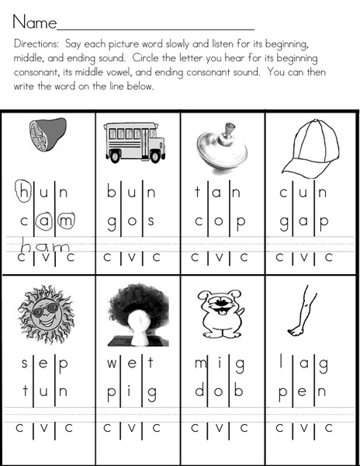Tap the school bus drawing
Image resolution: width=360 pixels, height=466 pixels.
click(x=135, y=141)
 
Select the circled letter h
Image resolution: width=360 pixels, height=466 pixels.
click(x=25, y=189)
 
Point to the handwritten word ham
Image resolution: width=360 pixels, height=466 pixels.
click(x=47, y=246)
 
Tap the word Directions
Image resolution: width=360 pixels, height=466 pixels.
click(x=30, y=45)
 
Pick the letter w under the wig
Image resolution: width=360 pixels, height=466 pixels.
click(x=112, y=363)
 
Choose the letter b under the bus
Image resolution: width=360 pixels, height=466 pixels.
click(x=112, y=189)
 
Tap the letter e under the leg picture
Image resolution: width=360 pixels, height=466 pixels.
click(x=303, y=391)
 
